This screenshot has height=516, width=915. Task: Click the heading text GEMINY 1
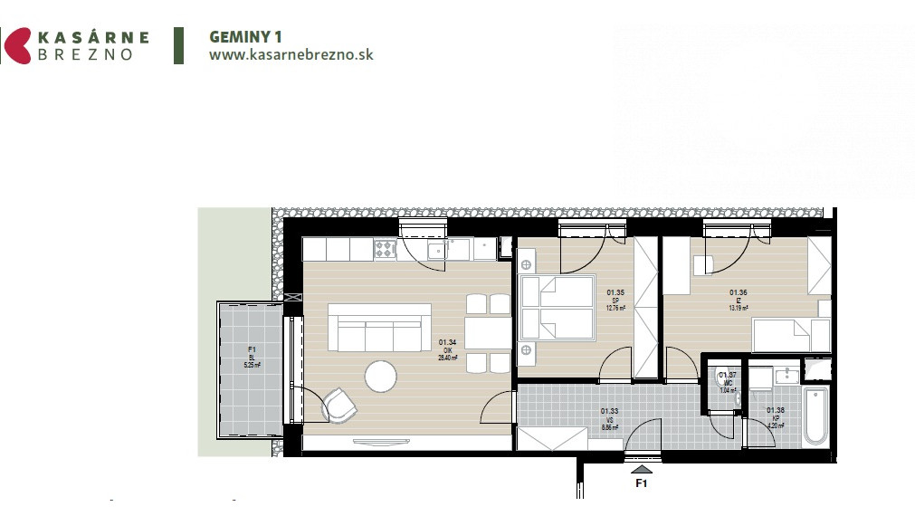(246, 37)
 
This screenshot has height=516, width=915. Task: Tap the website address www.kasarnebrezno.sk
(291, 54)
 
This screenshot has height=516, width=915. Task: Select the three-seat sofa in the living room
(379, 329)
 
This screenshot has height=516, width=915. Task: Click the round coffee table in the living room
(381, 376)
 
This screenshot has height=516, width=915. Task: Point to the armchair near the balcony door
(339, 405)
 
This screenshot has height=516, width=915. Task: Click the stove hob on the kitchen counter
(386, 247)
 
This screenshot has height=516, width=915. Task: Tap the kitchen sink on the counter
(437, 249)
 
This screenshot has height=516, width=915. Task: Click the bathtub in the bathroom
(815, 416)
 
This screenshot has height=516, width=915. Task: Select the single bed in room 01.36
(793, 335)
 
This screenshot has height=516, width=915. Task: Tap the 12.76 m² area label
(615, 308)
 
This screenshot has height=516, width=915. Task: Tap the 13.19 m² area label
(740, 308)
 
